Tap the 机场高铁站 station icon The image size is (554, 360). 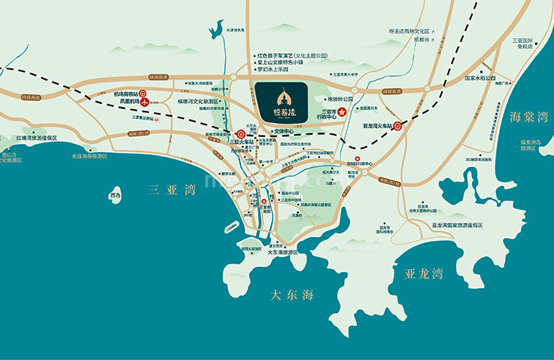pyautogui.click(x=142, y=93)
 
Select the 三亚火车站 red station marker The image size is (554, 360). pyautogui.click(x=240, y=133)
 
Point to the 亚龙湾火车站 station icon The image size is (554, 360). pyautogui.click(x=397, y=125)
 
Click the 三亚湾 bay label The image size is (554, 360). pyautogui.click(x=171, y=190)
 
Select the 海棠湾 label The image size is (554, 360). pyautogui.click(x=529, y=116)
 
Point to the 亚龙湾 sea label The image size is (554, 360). pyautogui.click(x=424, y=274)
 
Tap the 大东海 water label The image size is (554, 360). pyautogui.click(x=291, y=295)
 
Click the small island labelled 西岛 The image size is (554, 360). pyautogui.click(x=116, y=195)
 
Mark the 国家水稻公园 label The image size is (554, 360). pyautogui.click(x=480, y=78)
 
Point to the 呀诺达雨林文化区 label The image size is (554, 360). pyautogui.click(x=409, y=32)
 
